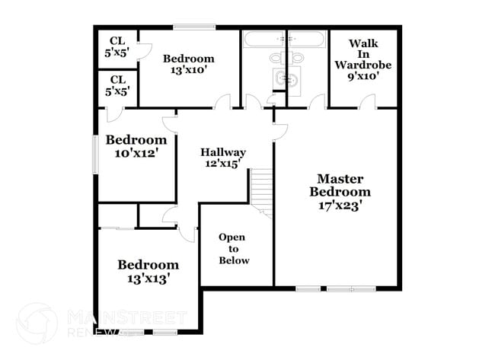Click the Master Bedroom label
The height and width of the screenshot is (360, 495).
[x=340, y=185]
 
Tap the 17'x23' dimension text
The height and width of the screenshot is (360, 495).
[x=340, y=204]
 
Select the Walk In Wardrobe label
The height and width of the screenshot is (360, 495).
[x=362, y=54]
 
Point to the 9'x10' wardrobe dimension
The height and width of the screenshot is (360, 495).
[x=362, y=76]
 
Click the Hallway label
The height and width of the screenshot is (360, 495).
[x=222, y=151]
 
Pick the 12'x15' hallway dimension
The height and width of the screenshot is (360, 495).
[x=222, y=163]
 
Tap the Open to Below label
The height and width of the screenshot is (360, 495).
[x=233, y=249]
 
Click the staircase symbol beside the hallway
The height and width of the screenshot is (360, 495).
[x=262, y=190]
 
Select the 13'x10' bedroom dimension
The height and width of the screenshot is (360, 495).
[x=188, y=70]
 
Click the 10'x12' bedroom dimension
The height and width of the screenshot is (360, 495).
[x=136, y=153]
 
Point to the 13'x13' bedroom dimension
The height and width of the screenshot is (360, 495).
[x=148, y=278]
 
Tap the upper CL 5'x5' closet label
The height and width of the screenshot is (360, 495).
[x=118, y=47]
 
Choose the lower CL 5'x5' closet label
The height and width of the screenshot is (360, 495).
[x=118, y=85]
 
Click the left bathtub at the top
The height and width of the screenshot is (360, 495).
[x=263, y=39]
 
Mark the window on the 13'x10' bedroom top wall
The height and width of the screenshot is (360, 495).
[x=188, y=28]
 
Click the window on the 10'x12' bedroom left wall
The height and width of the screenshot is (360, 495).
[x=95, y=155]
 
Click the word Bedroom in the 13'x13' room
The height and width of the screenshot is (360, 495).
[x=148, y=265]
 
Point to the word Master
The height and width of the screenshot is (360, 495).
[x=340, y=178]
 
